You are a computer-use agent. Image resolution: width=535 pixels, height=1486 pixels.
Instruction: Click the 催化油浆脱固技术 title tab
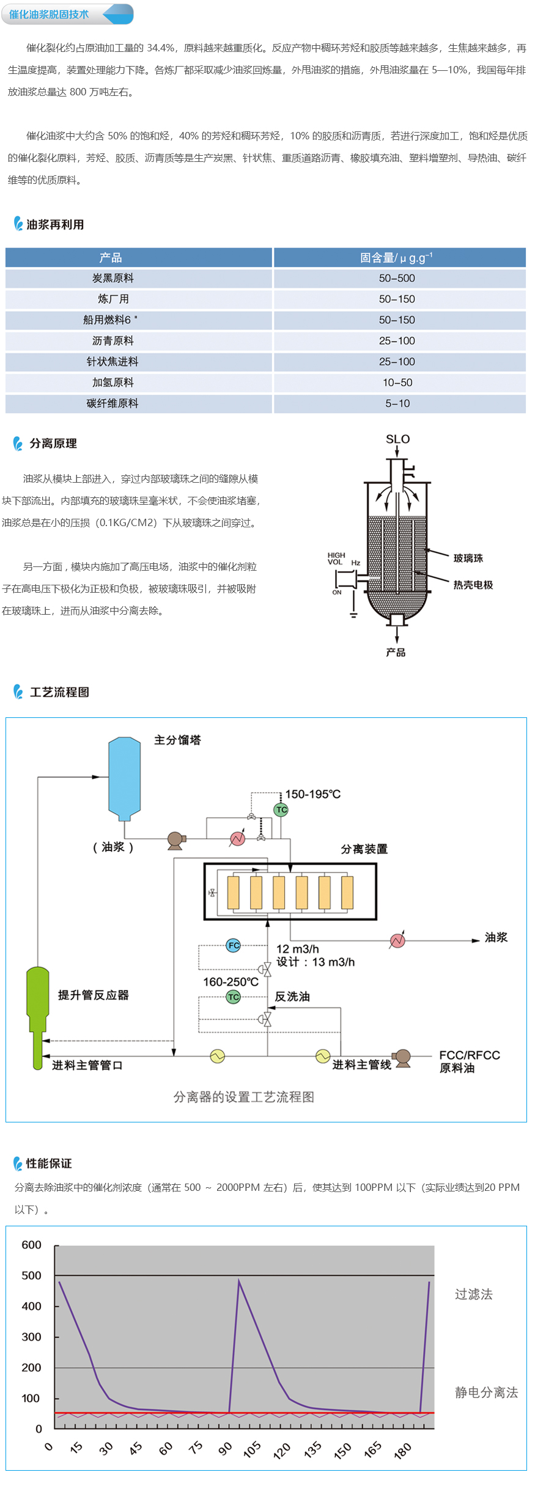point(49,14)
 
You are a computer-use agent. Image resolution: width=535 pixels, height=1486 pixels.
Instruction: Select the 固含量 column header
point(396,258)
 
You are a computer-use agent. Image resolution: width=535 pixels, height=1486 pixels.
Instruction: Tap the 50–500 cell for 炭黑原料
point(397,279)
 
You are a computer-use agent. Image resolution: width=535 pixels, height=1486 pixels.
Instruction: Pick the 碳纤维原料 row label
point(113,403)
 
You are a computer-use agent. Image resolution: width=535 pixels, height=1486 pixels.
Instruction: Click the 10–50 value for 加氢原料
point(397,382)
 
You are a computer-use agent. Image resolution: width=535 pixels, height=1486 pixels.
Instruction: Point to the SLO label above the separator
point(397,439)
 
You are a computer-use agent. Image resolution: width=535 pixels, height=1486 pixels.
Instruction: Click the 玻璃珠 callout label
point(468,558)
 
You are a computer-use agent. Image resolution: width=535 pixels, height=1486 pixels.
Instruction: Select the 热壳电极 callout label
point(473,585)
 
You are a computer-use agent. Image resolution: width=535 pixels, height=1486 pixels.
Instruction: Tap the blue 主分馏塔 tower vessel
point(124,778)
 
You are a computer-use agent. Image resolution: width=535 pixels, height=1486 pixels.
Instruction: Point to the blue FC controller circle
point(234,945)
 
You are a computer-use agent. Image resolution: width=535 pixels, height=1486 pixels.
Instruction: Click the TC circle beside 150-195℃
point(281,810)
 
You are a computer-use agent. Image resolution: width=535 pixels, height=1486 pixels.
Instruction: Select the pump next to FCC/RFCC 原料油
point(402,1058)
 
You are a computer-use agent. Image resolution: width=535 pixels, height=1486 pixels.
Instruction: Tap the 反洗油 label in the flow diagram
point(292,997)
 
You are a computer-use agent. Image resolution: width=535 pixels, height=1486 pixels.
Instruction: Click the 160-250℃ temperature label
point(231,982)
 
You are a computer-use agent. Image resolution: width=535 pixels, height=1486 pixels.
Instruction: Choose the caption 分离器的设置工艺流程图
point(243,1097)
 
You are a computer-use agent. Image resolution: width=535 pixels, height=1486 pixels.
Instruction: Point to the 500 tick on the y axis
point(32,1275)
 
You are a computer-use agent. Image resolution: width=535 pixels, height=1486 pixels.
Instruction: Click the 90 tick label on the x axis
point(225,1448)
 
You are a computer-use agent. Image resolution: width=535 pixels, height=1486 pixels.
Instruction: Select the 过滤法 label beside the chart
point(473,1294)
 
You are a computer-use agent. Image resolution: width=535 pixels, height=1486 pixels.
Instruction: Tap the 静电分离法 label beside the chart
point(486,1392)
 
